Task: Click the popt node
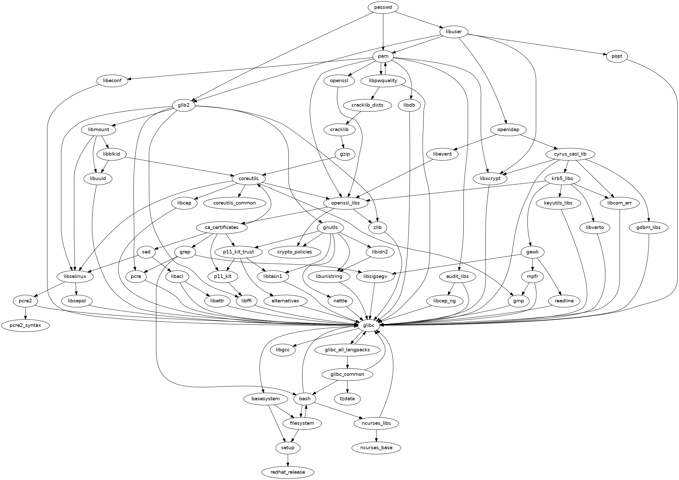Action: coord(616,56)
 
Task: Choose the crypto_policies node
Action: coord(295,252)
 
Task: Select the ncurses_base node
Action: coord(376,447)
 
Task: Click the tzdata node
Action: coord(347,399)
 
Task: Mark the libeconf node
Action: coord(112,81)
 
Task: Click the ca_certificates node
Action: coord(222,228)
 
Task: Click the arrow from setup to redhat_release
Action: coord(288,460)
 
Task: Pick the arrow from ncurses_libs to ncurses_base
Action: coord(376,435)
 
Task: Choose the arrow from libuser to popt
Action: coord(536,44)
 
